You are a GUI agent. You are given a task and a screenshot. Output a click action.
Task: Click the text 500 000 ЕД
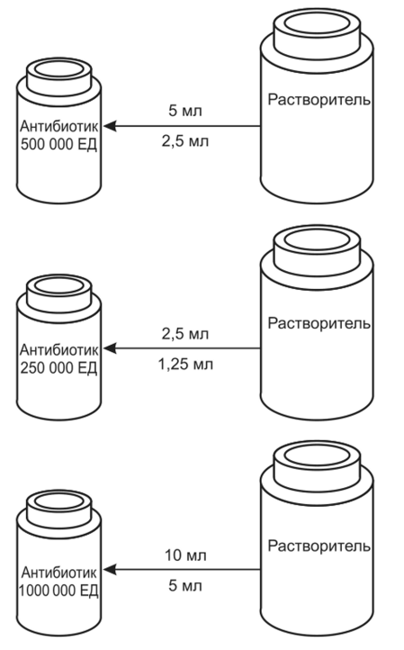tap(58, 145)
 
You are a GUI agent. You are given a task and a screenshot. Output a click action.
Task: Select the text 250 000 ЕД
tap(58, 367)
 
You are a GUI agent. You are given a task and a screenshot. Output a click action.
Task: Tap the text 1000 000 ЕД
tap(58, 591)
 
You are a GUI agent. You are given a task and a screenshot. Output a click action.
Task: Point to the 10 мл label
tap(185, 555)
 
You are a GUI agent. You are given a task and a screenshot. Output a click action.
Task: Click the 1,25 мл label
tap(185, 365)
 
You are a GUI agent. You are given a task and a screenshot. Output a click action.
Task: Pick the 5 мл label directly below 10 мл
tap(185, 586)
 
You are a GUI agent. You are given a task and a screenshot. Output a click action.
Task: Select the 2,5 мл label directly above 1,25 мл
tap(185, 334)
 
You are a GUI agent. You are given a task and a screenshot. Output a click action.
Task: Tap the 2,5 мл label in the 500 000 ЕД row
tap(185, 141)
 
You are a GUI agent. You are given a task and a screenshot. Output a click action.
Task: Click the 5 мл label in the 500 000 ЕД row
tap(185, 111)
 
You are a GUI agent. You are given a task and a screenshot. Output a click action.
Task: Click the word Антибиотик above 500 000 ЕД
tap(58, 126)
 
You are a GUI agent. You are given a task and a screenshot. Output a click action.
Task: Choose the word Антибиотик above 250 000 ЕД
tap(58, 350)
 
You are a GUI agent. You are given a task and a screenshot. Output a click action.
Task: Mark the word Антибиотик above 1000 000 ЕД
tap(58, 573)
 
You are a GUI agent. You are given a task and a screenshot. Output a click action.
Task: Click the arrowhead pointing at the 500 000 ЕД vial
tap(109, 126)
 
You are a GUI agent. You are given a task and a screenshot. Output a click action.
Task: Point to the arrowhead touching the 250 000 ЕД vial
tap(109, 348)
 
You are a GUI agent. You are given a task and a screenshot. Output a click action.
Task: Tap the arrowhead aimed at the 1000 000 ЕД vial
tap(109, 570)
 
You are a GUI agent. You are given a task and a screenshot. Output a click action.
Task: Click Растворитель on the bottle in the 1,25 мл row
tap(319, 323)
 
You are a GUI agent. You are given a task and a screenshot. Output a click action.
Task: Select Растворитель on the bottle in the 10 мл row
tap(319, 546)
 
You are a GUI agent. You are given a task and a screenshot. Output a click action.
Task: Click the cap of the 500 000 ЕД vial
tap(58, 77)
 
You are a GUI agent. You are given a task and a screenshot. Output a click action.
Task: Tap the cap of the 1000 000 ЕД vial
tap(58, 509)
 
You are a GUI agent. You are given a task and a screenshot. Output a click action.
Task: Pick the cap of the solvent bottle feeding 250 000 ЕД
tap(317, 250)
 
